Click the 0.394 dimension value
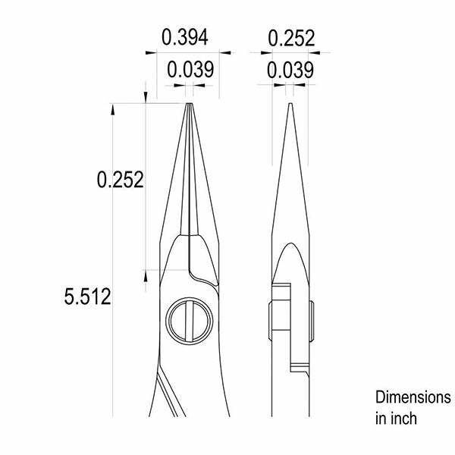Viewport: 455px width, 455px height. [185, 37]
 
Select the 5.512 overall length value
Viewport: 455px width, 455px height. [88, 297]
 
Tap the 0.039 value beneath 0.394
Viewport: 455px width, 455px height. [190, 70]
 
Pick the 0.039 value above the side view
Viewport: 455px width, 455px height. [290, 70]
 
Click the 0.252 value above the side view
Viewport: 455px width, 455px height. [291, 38]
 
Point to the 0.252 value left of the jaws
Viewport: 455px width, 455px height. [120, 180]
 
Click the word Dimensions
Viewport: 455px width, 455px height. [413, 397]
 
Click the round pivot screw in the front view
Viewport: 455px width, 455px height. [190, 321]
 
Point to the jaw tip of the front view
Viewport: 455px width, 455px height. [190, 104]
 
